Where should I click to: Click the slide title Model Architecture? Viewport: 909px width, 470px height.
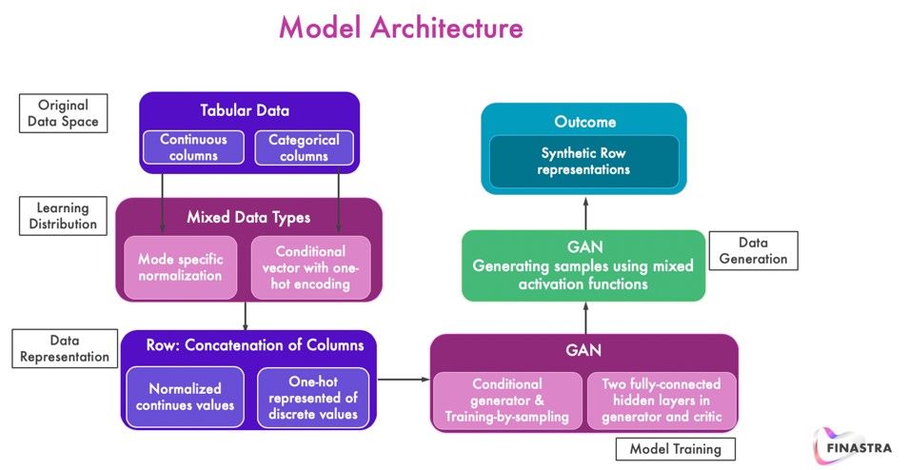coord(400,28)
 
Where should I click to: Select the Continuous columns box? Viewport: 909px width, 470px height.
coord(193,147)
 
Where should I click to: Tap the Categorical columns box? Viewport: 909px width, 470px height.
coord(304,147)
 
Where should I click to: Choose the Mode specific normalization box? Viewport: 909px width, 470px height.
coord(180,267)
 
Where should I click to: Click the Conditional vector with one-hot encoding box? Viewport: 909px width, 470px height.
coord(309,267)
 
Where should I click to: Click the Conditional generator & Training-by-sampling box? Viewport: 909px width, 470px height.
coord(506,401)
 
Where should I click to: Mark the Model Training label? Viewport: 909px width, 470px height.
coord(675,448)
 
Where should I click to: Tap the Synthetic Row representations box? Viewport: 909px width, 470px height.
coord(583,161)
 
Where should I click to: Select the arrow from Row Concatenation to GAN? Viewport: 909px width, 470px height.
coord(404,380)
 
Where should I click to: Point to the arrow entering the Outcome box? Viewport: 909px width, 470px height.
coord(586,211)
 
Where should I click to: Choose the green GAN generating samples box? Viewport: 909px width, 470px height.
coord(585,264)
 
